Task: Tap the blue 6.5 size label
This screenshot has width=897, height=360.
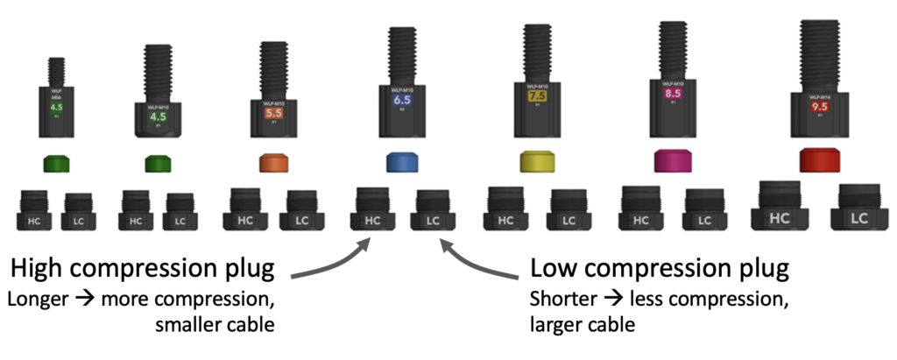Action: [x=403, y=102]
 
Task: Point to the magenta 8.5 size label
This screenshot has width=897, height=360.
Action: [x=673, y=93]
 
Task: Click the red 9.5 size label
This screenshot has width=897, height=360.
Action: [x=821, y=108]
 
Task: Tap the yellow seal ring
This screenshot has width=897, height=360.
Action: [x=537, y=161]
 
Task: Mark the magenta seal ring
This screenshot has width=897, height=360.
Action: [x=673, y=161]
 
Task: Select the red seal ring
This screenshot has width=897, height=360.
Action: [x=821, y=160]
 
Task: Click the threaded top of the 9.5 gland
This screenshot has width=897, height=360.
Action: [x=821, y=53]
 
